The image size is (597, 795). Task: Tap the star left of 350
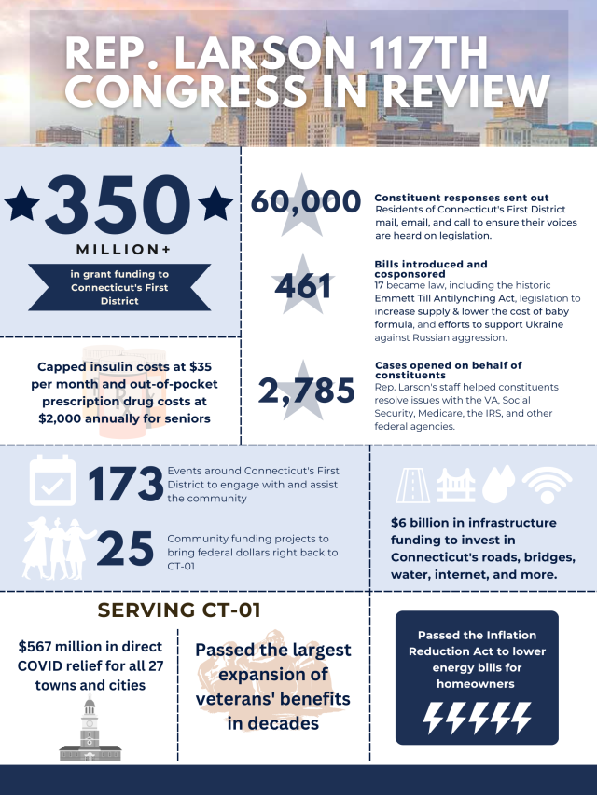click(23, 204)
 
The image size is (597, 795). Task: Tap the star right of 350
click(216, 204)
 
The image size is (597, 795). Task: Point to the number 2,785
click(306, 392)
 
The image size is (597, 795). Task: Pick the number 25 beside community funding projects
click(124, 548)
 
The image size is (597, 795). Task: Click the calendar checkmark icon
click(52, 480)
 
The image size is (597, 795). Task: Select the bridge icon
click(459, 486)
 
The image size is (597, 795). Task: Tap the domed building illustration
click(90, 730)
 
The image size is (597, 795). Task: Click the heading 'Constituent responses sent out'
click(448, 198)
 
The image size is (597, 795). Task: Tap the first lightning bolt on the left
click(435, 718)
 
